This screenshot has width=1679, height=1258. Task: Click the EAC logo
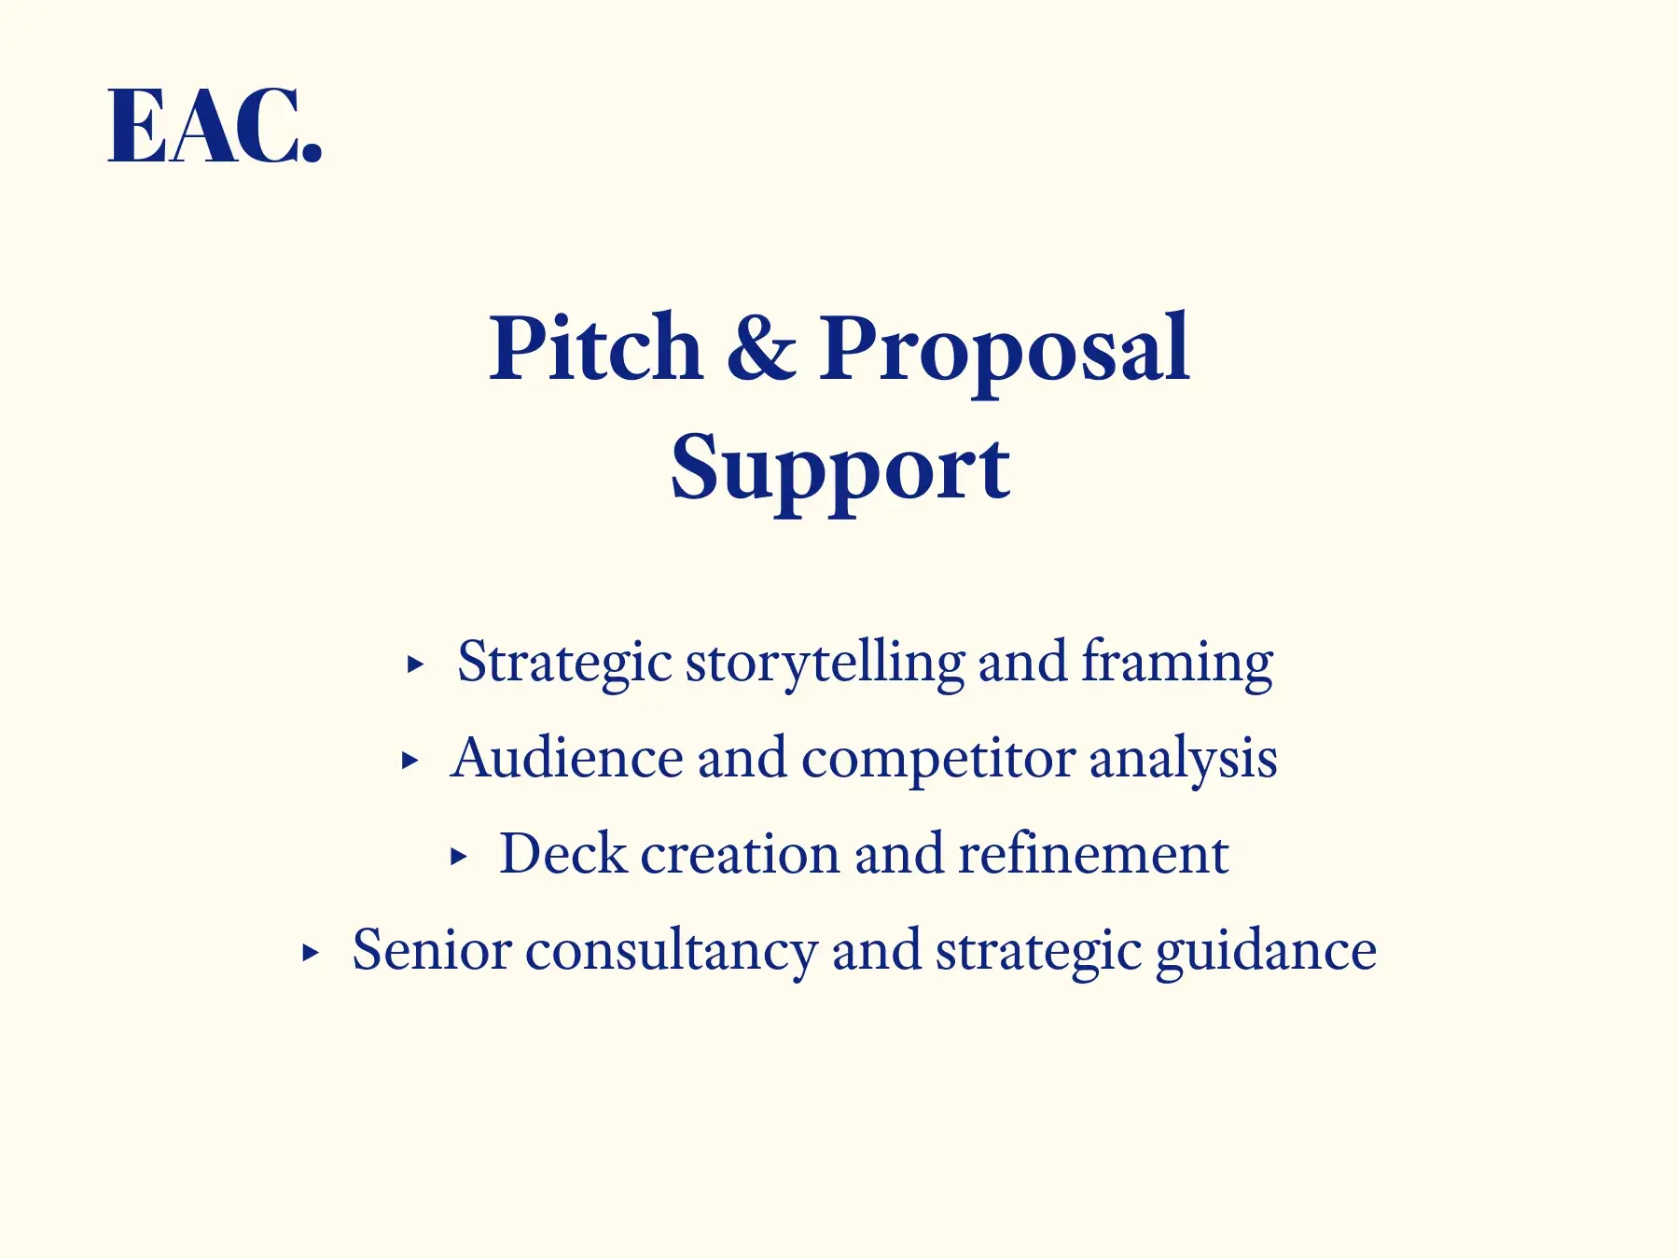(x=215, y=126)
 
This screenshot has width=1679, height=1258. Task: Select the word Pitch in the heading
(x=596, y=347)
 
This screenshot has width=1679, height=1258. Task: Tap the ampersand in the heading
(x=761, y=347)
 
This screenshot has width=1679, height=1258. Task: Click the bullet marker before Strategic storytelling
(x=416, y=665)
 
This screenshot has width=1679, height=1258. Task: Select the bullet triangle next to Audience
(x=409, y=761)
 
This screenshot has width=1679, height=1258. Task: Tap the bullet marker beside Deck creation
(x=458, y=856)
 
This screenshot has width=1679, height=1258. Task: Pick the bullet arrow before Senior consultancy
(x=311, y=953)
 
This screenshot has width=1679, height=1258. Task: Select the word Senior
(x=432, y=950)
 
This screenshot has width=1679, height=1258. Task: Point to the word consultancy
(x=672, y=954)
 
